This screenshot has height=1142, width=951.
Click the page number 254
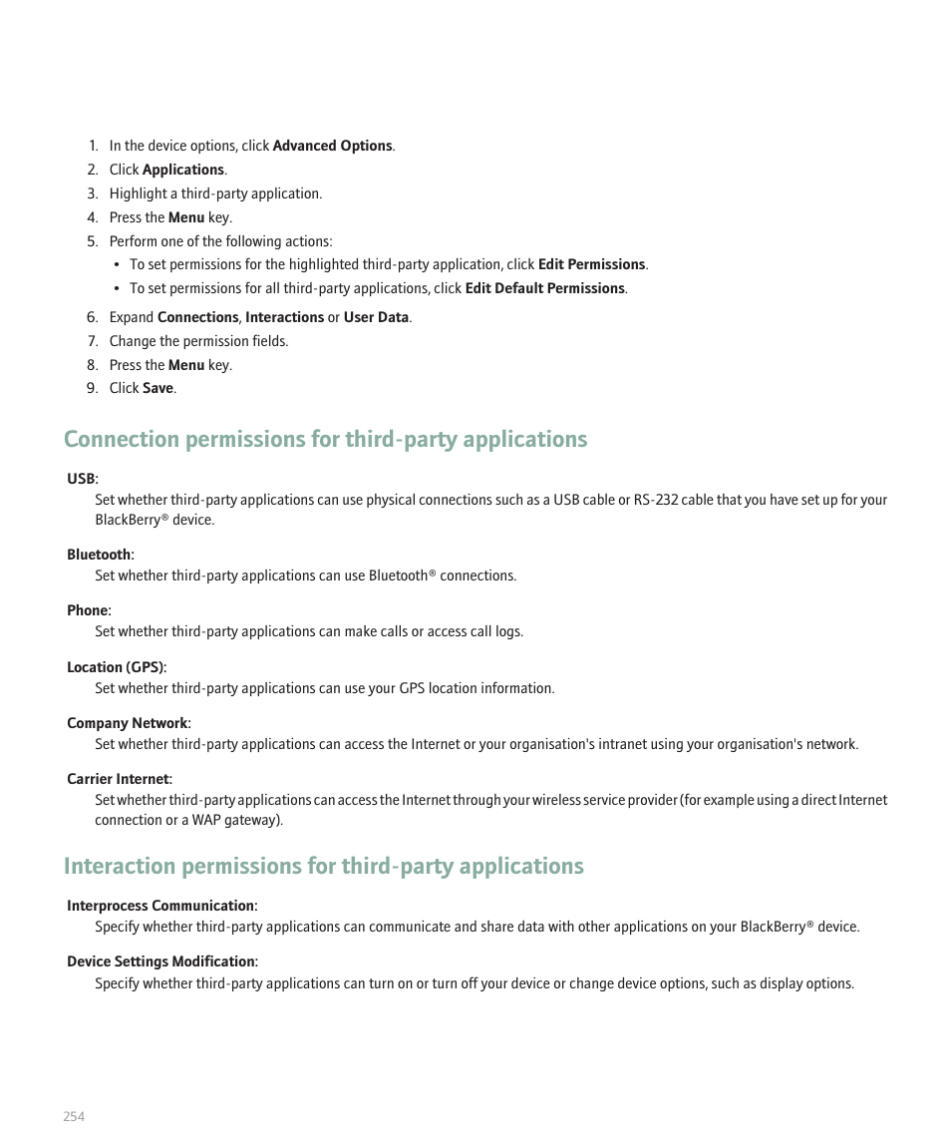coord(74,1116)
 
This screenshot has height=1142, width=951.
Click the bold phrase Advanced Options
coord(332,146)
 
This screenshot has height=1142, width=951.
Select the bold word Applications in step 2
coord(183,170)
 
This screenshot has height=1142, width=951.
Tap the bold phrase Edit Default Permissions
coord(544,288)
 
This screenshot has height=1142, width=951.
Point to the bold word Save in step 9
coord(158,388)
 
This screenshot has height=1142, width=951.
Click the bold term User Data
coord(376,317)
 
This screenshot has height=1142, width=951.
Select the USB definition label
coord(82,480)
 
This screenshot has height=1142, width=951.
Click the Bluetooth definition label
coord(100,555)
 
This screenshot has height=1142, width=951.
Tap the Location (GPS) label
coord(116,667)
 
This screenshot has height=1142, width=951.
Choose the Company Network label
coord(128,723)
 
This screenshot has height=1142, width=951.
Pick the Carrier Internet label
coord(119,779)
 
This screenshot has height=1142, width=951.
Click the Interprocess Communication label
coord(161,906)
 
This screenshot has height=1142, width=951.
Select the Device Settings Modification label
coord(161,961)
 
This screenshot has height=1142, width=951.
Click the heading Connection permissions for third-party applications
coord(325,440)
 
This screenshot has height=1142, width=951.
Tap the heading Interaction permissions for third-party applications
coord(323,866)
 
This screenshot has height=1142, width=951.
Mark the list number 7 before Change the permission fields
coord(92,341)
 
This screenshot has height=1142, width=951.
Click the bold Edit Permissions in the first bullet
coord(591,264)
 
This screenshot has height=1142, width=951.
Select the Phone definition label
coord(88,610)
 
